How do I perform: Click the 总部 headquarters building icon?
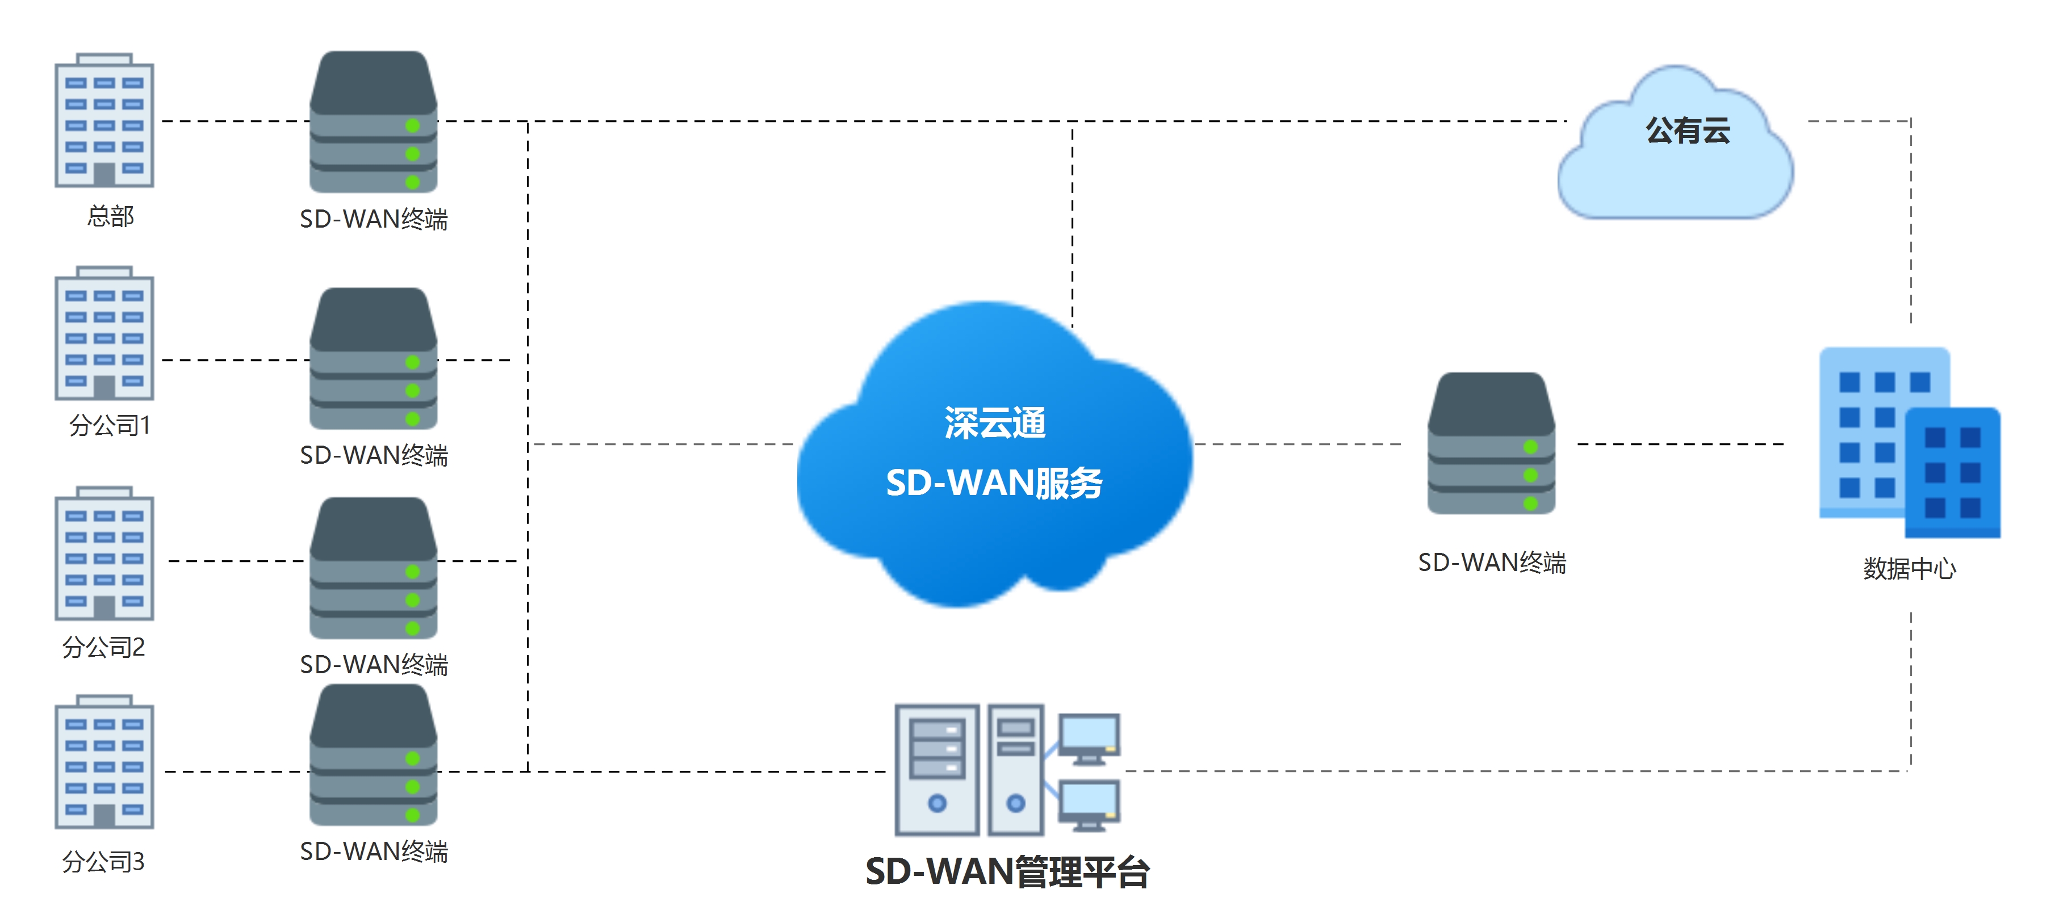(x=104, y=121)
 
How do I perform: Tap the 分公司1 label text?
(x=110, y=425)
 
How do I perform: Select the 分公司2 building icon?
(x=104, y=554)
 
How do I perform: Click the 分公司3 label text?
(x=104, y=862)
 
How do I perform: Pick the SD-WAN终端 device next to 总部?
(x=373, y=121)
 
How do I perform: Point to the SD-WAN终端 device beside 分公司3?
(x=373, y=754)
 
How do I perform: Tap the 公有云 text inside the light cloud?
(x=1687, y=130)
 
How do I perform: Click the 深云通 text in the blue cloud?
(x=994, y=423)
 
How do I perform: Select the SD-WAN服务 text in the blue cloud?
(x=994, y=483)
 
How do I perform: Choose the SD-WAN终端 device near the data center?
(x=1491, y=443)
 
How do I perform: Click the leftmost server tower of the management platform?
(x=937, y=769)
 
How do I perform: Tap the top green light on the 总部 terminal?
(x=412, y=125)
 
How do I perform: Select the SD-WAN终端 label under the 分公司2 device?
(x=373, y=665)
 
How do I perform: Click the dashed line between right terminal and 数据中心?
(x=1679, y=443)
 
